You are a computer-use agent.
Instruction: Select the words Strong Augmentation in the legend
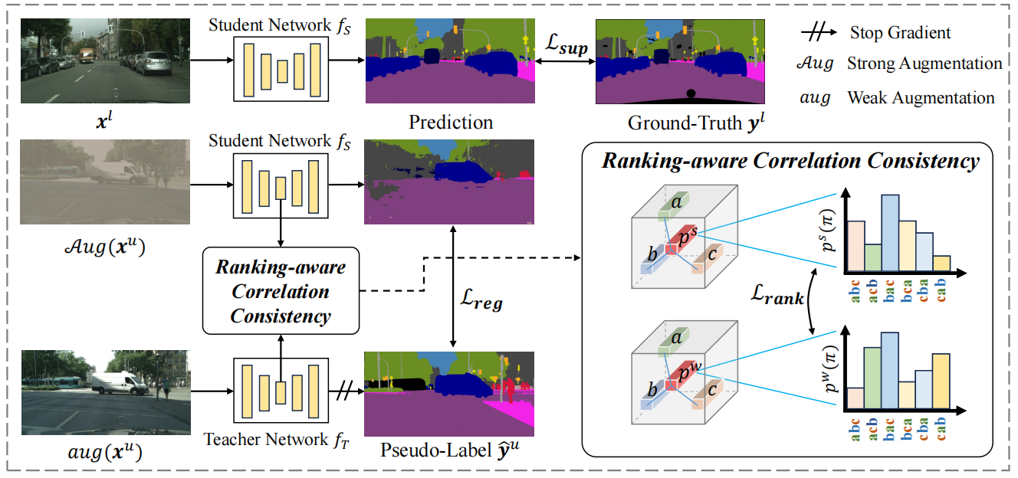click(924, 64)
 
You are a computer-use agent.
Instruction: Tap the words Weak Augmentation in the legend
click(921, 98)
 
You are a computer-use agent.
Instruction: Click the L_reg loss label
click(481, 303)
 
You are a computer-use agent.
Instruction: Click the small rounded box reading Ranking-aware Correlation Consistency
click(281, 291)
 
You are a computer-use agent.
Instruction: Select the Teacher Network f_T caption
click(266, 440)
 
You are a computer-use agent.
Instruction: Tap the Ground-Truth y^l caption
click(678, 123)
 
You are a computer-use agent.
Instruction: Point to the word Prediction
click(450, 123)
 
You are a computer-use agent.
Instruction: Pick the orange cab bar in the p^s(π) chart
click(941, 264)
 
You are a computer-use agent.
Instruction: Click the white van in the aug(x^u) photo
click(118, 381)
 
